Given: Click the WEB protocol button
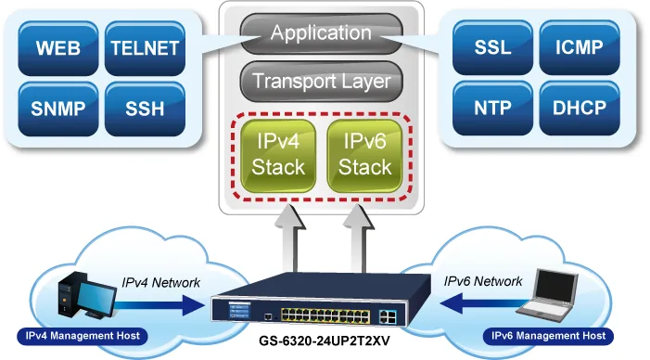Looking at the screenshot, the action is point(58,48).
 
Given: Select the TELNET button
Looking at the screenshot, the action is point(145,48).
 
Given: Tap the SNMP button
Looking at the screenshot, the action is point(58,109).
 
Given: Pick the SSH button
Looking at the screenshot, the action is point(145,109).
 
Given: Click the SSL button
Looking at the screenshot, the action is point(492,47).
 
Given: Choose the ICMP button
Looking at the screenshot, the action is point(580,47).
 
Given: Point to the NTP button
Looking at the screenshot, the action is point(492,108).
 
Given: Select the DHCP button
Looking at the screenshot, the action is point(580,108).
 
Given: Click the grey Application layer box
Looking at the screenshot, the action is point(321,33).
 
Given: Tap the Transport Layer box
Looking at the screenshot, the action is point(321,82).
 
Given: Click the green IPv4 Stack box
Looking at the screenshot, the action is point(278,156).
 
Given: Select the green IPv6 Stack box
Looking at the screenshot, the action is point(364,156).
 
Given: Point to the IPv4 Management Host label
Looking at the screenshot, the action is point(83,336).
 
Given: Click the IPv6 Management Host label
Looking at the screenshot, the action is point(548,336).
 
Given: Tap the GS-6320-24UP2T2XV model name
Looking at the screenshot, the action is point(325,341).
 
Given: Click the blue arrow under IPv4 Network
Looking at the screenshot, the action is point(159,305).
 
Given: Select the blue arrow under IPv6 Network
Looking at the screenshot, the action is point(485,303).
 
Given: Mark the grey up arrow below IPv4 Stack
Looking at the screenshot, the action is point(290,238).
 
